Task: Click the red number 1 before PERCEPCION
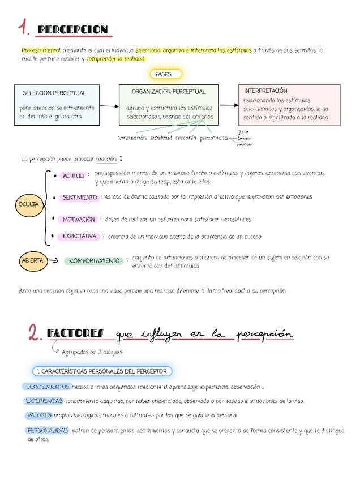tap(23, 28)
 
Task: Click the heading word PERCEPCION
tap(72, 29)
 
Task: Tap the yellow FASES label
tap(166, 74)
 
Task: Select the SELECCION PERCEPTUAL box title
tap(54, 93)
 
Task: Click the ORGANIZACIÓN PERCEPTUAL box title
tap(169, 91)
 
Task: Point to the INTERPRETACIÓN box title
tap(265, 91)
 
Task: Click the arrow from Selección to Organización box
tap(110, 105)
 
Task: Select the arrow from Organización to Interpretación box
tap(228, 105)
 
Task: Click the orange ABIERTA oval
tap(32, 260)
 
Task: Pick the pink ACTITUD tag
tap(73, 176)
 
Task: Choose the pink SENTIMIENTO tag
tap(79, 198)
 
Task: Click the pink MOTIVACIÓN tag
tap(78, 219)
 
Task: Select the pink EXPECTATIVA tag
tap(79, 236)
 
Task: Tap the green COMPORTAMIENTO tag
tap(95, 261)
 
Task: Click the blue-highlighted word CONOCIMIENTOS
tap(47, 387)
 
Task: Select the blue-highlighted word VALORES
tap(38, 415)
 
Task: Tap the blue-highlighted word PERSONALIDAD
tap(48, 430)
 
